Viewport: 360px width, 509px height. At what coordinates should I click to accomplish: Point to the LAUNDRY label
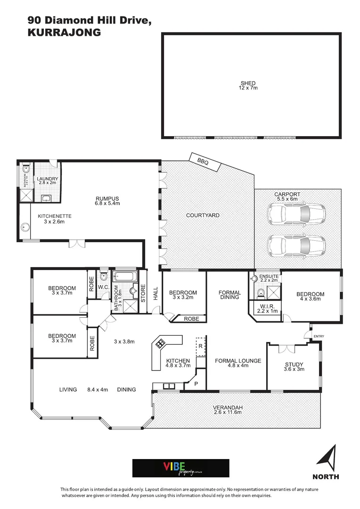[48, 179]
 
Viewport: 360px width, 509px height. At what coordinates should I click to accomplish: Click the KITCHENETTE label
[54, 216]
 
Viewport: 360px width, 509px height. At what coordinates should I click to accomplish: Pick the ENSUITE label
[270, 276]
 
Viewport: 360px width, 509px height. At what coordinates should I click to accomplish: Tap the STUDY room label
[294, 364]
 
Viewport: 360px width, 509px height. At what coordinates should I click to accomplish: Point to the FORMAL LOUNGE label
[237, 361]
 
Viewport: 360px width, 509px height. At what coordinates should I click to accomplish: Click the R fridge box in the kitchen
[200, 345]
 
